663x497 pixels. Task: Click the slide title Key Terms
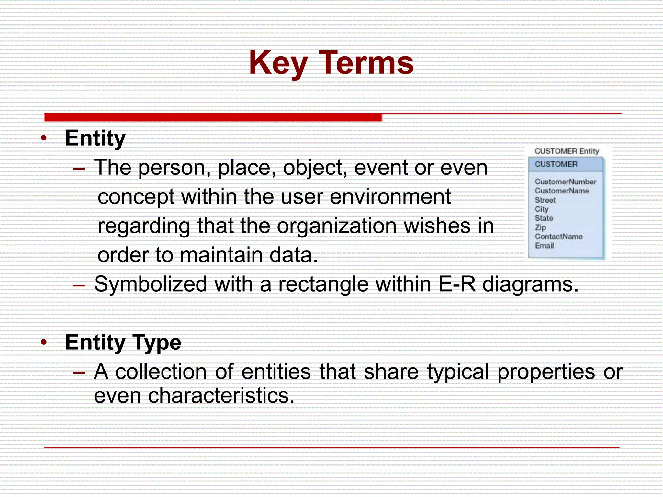click(x=331, y=63)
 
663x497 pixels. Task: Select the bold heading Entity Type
click(x=123, y=342)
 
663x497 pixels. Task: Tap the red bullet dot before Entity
click(x=44, y=138)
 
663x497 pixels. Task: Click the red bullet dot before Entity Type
click(x=44, y=342)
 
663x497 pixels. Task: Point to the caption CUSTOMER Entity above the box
click(x=567, y=151)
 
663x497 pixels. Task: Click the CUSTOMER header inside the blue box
click(x=556, y=164)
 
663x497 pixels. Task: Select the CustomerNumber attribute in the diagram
click(x=565, y=182)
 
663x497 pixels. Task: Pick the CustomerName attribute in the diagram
click(x=562, y=191)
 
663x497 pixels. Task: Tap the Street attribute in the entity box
click(x=545, y=200)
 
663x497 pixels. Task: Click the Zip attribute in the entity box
click(x=540, y=227)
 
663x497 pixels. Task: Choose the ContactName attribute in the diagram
click(x=558, y=237)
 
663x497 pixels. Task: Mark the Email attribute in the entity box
click(x=544, y=246)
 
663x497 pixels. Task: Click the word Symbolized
click(x=150, y=284)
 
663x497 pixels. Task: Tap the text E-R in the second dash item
click(x=457, y=284)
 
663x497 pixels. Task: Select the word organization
click(x=337, y=226)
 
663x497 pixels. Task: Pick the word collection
click(x=161, y=371)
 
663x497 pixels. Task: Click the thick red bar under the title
click(x=213, y=117)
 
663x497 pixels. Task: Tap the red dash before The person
click(x=79, y=169)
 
